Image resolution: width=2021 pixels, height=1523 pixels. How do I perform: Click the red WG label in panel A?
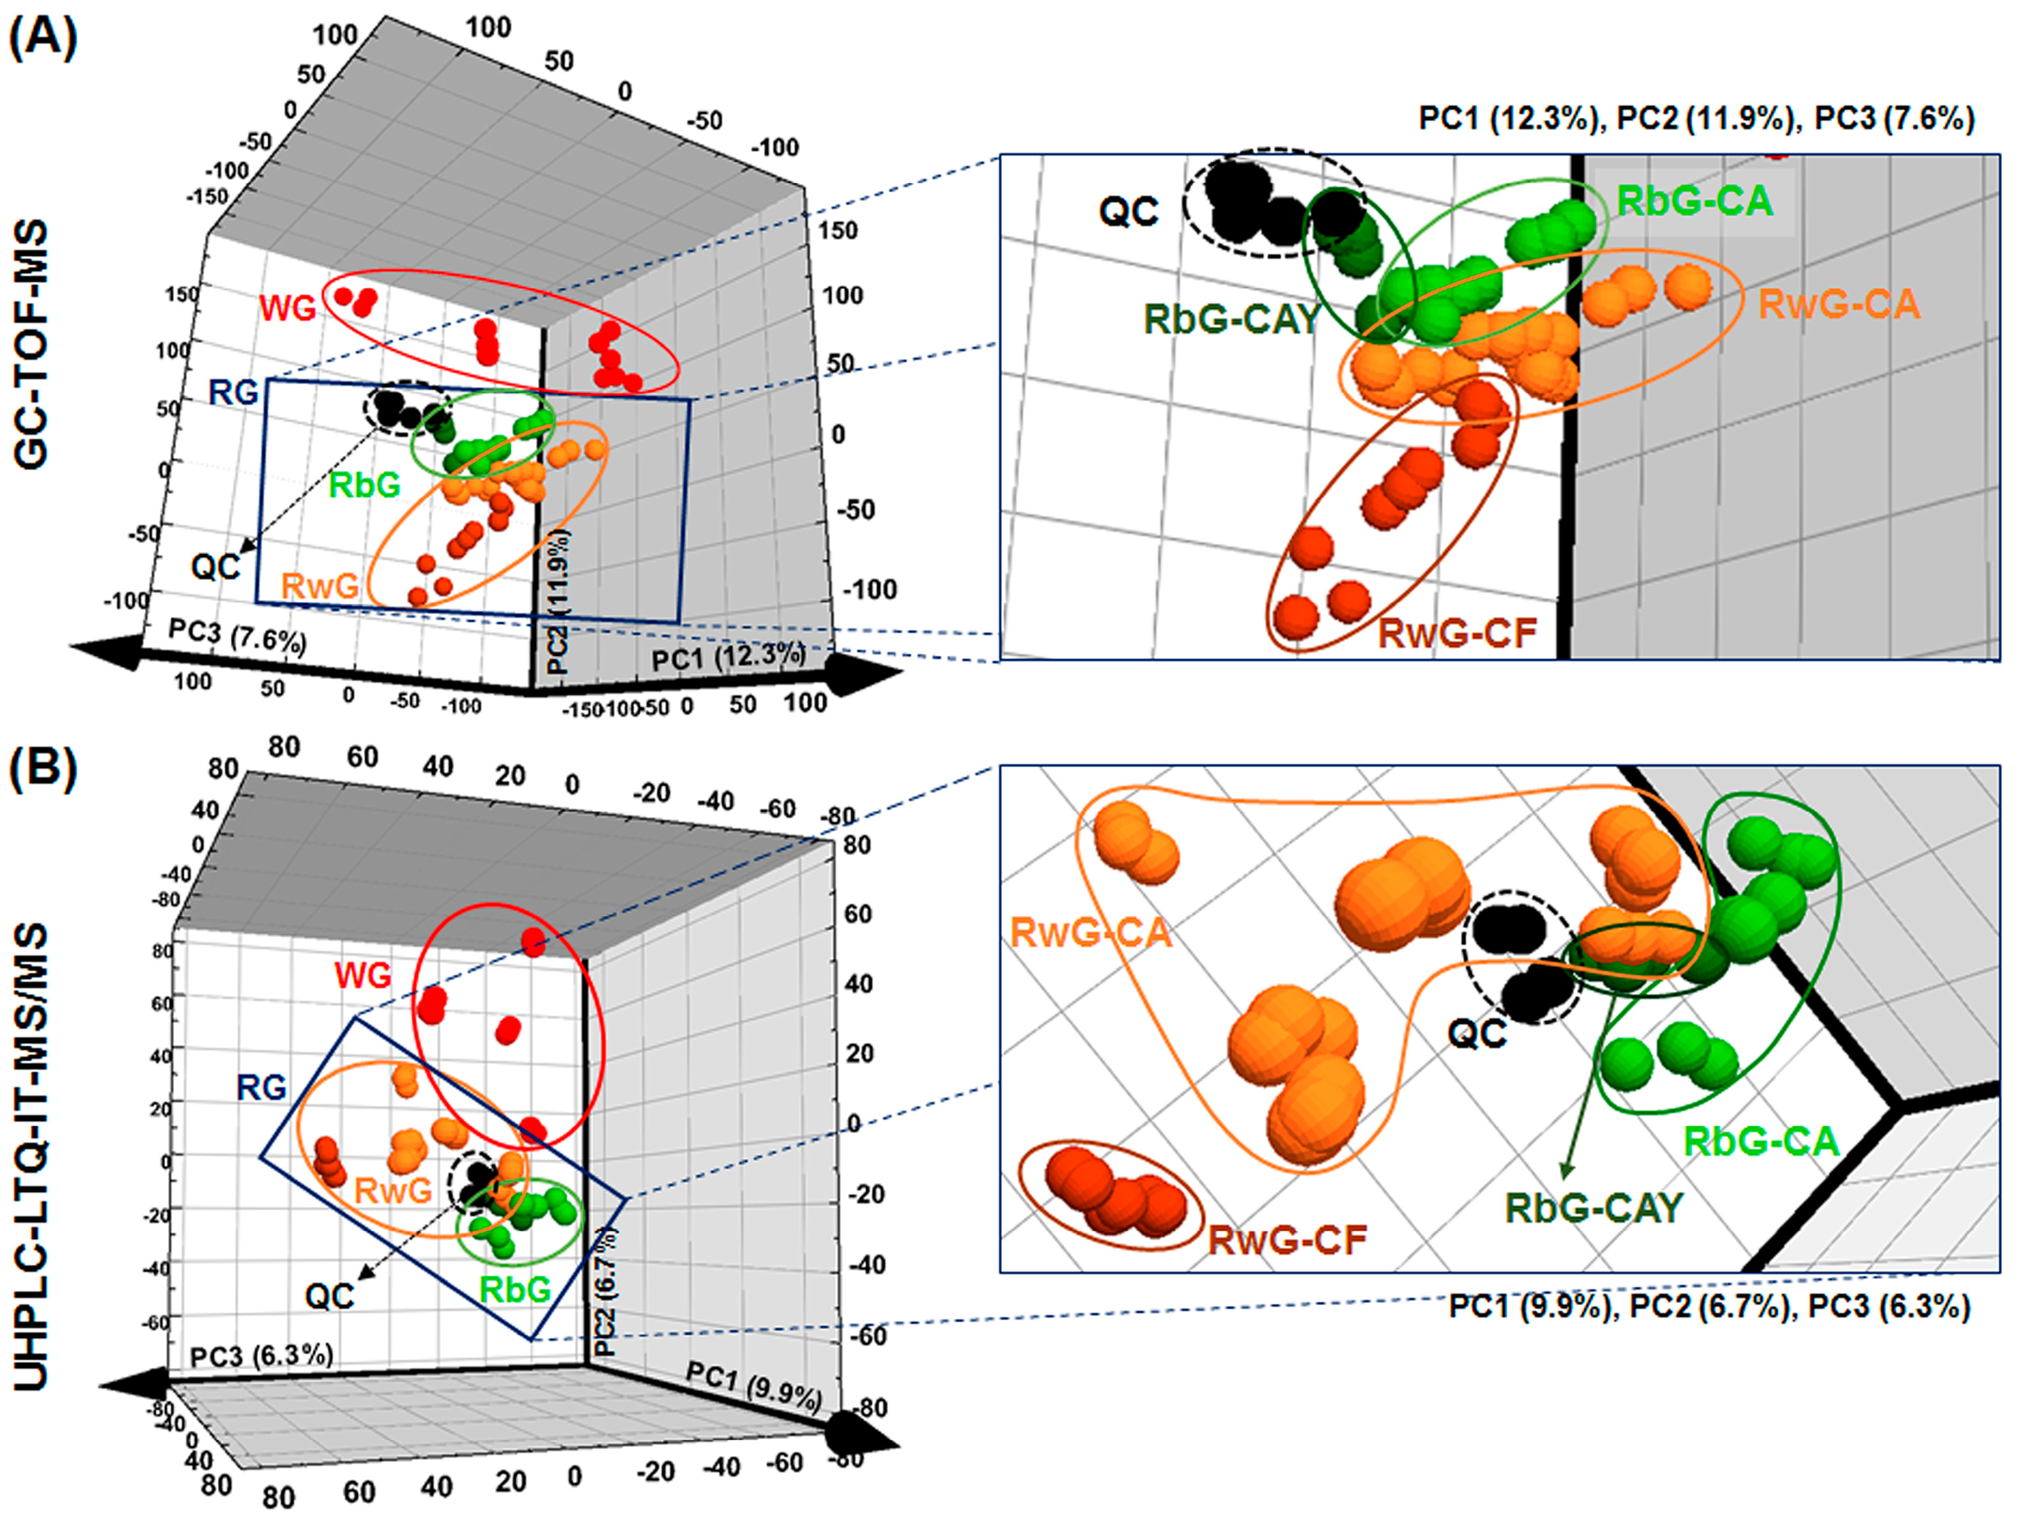click(x=288, y=309)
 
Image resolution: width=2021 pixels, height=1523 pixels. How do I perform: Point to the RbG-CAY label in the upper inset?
click(x=1232, y=319)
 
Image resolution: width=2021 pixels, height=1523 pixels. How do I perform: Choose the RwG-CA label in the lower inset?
click(x=1090, y=933)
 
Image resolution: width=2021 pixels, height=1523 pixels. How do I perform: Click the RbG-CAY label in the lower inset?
click(x=1594, y=1208)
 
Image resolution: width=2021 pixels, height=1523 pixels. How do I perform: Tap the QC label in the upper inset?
click(x=1129, y=212)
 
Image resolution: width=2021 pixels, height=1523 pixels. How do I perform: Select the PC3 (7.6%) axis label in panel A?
click(x=237, y=636)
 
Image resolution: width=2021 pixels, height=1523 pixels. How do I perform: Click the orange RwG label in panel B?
click(x=393, y=1191)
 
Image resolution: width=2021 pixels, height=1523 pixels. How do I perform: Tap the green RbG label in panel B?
click(x=515, y=1289)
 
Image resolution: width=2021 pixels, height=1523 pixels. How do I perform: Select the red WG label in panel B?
click(x=363, y=976)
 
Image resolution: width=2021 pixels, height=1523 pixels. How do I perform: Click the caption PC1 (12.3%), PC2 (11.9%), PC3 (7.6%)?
click(x=1696, y=119)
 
